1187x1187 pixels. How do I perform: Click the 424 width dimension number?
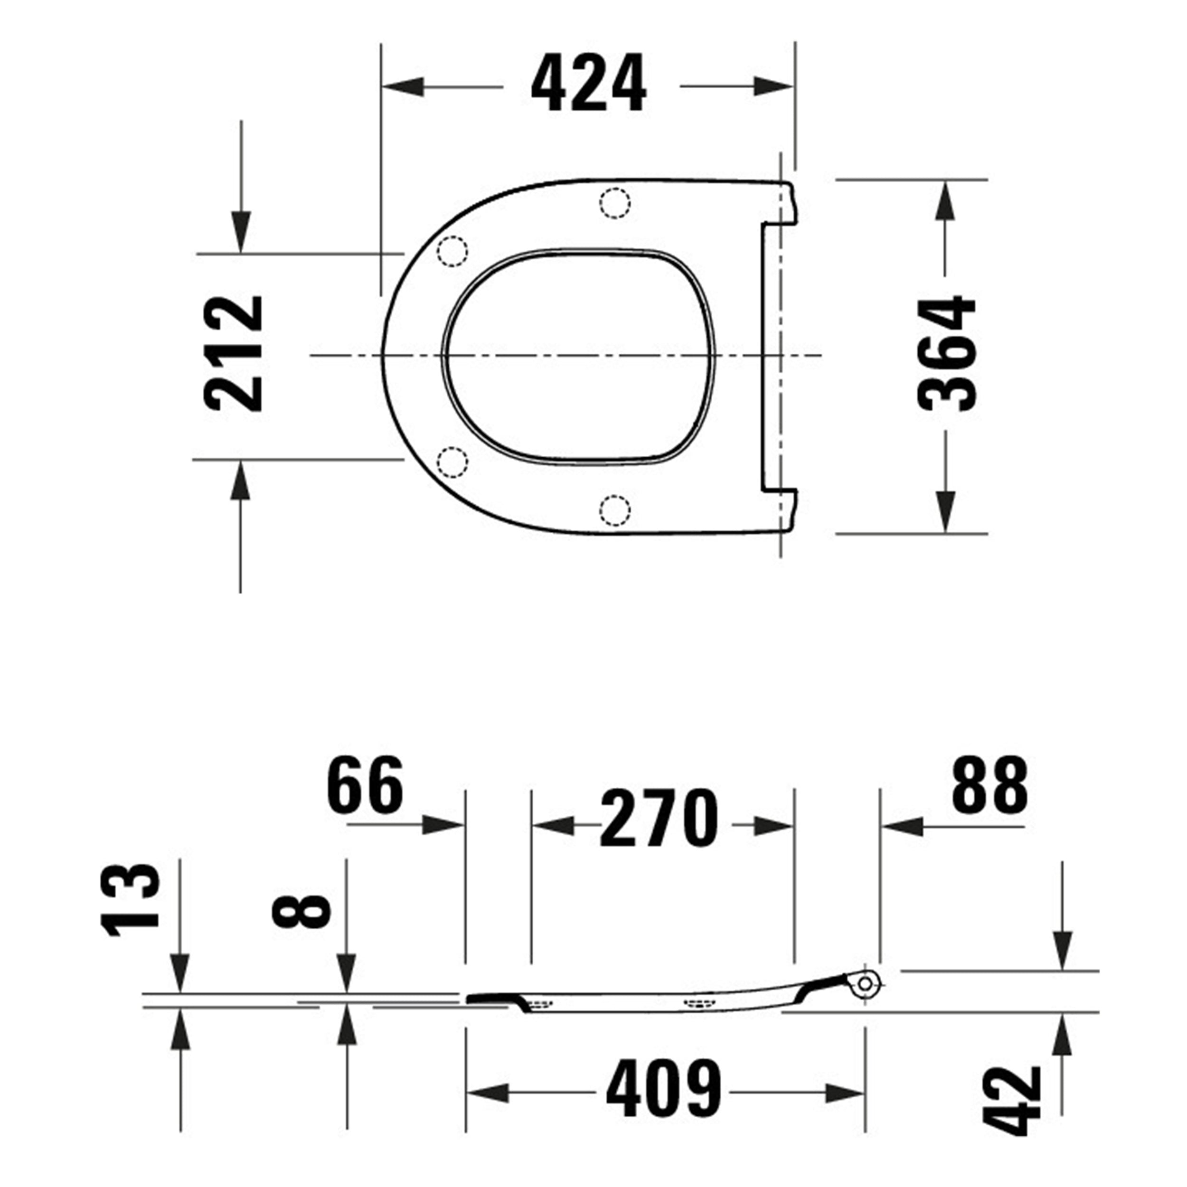click(589, 84)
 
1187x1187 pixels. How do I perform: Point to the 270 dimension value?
click(659, 819)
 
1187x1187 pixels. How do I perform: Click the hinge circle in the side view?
click(865, 984)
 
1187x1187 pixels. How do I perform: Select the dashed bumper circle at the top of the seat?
click(615, 203)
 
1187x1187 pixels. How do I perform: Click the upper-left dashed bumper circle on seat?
click(452, 251)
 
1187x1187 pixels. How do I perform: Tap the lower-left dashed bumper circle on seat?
click(452, 462)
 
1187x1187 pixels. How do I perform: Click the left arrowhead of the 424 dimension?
click(403, 86)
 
